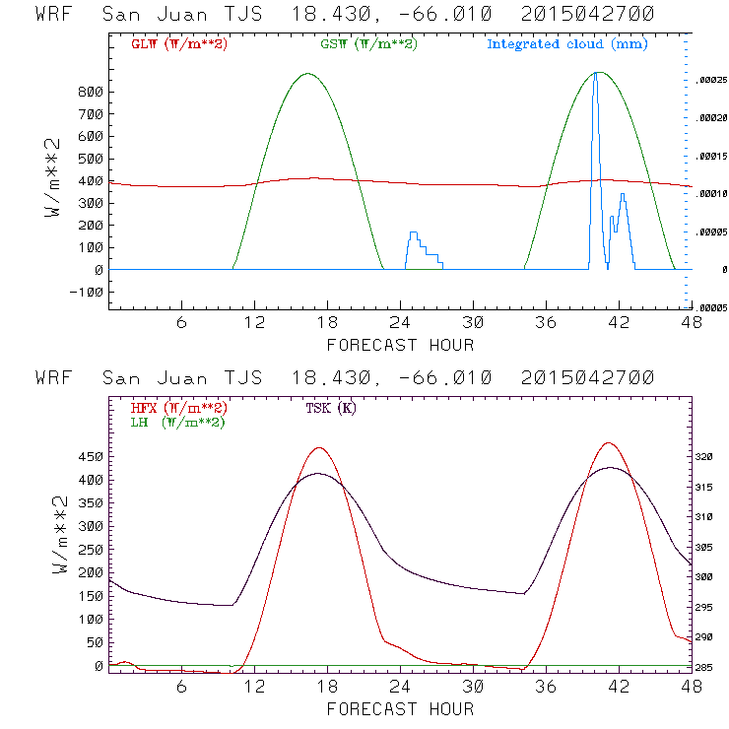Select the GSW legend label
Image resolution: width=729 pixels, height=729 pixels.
pyautogui.click(x=366, y=44)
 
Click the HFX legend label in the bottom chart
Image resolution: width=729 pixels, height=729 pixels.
pyautogui.click(x=178, y=408)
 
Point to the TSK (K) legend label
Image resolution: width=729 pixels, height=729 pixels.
pyautogui.click(x=330, y=408)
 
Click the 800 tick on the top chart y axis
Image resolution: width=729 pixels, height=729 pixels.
pyautogui.click(x=90, y=92)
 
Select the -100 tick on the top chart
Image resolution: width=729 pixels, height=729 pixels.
pyautogui.click(x=86, y=292)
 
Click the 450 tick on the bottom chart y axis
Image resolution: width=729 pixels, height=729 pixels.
pyautogui.click(x=90, y=457)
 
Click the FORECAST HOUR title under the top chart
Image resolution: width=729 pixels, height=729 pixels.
pyautogui.click(x=400, y=345)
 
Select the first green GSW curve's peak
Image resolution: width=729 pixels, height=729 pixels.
pyautogui.click(x=307, y=73)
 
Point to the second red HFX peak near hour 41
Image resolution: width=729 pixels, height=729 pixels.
pyautogui.click(x=608, y=443)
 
